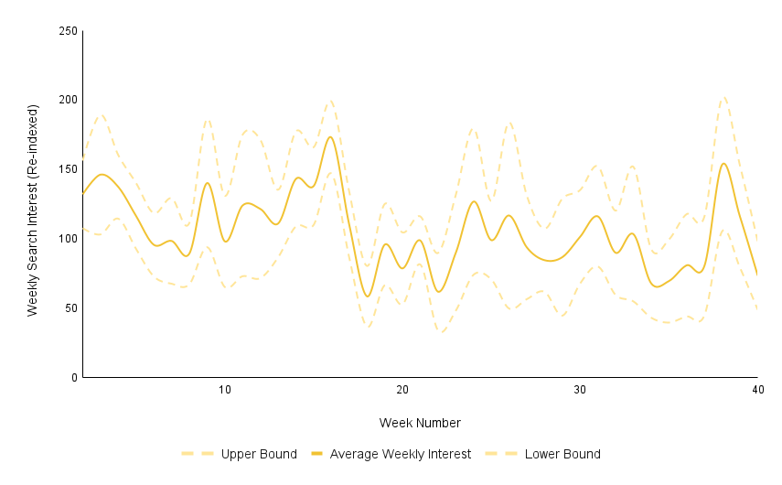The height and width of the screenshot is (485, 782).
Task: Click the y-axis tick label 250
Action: pyautogui.click(x=66, y=31)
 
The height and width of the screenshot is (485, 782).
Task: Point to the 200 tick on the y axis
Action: pyautogui.click(x=66, y=100)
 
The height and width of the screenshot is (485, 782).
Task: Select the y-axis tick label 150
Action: pyautogui.click(x=66, y=169)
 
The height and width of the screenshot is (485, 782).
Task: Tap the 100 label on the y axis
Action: pyautogui.click(x=66, y=239)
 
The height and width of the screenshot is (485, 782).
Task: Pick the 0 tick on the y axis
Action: pyautogui.click(x=73, y=377)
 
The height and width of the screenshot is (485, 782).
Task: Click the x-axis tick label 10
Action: pyautogui.click(x=225, y=390)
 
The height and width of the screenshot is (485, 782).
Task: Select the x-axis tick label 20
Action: pyautogui.click(x=402, y=390)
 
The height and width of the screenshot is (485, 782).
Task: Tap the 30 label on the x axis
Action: pyautogui.click(x=580, y=390)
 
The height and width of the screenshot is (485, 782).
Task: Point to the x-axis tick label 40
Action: pyautogui.click(x=757, y=390)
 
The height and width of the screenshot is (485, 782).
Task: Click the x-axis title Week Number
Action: pyautogui.click(x=420, y=423)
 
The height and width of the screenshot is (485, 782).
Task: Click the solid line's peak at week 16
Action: pyautogui.click(x=331, y=137)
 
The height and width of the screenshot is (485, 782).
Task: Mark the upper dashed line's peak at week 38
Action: pyautogui.click(x=723, y=97)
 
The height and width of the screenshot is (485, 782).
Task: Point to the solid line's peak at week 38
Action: pyautogui.click(x=723, y=164)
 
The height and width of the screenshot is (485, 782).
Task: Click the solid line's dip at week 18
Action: pyautogui.click(x=367, y=296)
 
